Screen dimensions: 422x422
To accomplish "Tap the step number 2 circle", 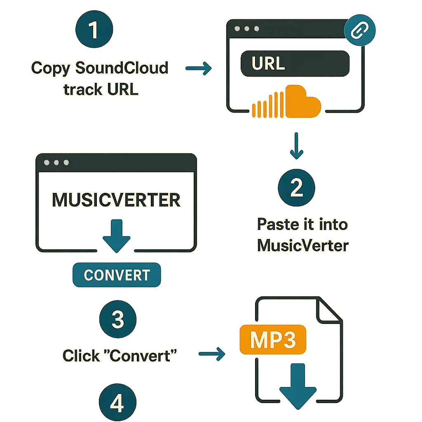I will pos(296,188).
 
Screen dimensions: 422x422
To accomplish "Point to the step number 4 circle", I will pos(117,404).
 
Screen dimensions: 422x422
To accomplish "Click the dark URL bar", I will pos(295,64).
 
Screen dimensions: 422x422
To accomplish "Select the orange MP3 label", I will pos(272,339).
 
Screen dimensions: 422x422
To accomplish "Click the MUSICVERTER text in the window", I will pos(116,200).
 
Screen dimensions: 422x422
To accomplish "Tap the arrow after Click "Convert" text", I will pos(212,354).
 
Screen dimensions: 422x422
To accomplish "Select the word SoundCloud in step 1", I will pos(122,68).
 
